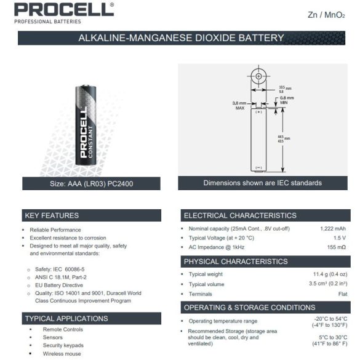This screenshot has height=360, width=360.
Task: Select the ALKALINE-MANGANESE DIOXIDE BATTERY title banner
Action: pyautogui.click(x=181, y=38)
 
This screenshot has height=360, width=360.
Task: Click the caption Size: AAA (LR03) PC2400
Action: pyautogui.click(x=91, y=183)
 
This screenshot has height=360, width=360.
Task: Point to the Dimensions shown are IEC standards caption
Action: pyautogui.click(x=262, y=183)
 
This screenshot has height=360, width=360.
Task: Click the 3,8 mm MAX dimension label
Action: pyautogui.click(x=239, y=105)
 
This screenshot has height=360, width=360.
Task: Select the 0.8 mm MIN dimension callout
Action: pyautogui.click(x=287, y=100)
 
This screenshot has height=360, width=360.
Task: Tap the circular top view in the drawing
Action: pyautogui.click(x=259, y=78)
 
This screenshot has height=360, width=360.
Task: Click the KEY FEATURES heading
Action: pyautogui.click(x=52, y=215)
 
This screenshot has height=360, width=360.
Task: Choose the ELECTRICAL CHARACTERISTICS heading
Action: pyautogui.click(x=240, y=215)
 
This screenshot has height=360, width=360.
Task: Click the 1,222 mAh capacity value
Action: pyautogui.click(x=333, y=229)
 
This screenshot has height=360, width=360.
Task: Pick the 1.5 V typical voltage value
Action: pyautogui.click(x=340, y=238)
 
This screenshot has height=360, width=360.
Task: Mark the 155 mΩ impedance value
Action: pyautogui.click(x=336, y=247)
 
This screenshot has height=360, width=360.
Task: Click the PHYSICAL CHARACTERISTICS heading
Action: pyautogui.click(x=236, y=262)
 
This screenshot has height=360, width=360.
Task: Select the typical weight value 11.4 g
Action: pyautogui.click(x=330, y=274)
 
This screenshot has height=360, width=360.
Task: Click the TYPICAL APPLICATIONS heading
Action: pyautogui.click(x=66, y=318)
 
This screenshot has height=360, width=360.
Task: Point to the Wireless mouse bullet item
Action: pyautogui.click(x=62, y=354)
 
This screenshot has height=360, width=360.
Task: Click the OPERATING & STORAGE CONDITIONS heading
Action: pyautogui.click(x=249, y=307)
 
